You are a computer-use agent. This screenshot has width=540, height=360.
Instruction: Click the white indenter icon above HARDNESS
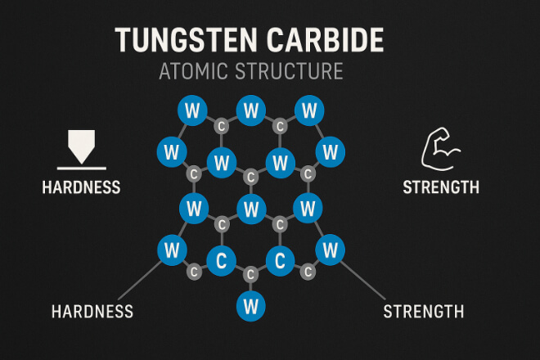(80, 147)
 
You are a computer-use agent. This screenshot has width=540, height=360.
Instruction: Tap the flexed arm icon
(441, 149)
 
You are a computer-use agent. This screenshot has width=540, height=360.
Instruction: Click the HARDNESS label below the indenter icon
(81, 187)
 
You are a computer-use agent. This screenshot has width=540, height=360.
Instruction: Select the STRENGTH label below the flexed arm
(441, 187)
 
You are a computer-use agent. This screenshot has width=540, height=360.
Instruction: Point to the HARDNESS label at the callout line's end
(92, 311)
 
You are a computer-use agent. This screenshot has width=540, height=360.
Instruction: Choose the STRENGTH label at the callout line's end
(424, 311)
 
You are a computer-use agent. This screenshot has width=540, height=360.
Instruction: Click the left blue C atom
(220, 262)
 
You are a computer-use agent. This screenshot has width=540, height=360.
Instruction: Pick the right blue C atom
(281, 262)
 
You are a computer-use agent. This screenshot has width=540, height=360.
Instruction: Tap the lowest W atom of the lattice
(250, 306)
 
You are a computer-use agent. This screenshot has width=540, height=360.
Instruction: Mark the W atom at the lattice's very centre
(250, 208)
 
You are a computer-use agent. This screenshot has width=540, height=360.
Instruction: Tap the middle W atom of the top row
(250, 109)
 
